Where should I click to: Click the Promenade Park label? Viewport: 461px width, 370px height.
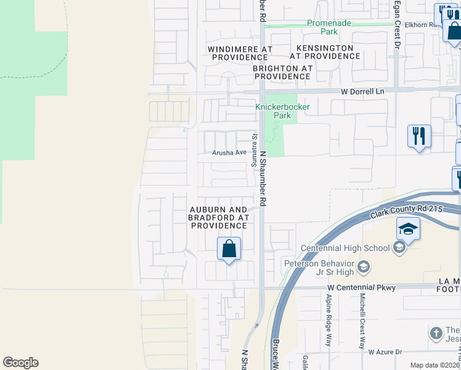330,27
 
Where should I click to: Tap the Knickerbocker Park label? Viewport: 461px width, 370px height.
282,111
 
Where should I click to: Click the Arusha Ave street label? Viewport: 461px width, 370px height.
229,152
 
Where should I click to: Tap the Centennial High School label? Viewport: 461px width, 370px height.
345,249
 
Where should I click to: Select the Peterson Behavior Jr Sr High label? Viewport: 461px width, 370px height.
320,268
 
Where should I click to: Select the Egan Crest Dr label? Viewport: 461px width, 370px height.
398,25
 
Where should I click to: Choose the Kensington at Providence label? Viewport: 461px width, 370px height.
325,52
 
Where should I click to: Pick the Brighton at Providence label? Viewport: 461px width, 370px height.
282,72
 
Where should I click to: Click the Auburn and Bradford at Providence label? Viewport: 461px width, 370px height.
219,218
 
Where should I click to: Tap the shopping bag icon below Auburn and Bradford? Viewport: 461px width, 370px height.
229,249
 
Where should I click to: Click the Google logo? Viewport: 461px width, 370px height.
20,363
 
